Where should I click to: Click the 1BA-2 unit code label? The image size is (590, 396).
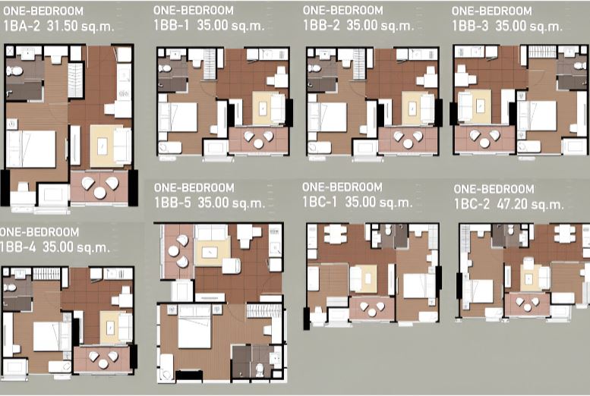(x=21, y=26)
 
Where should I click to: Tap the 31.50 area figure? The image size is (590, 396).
(x=62, y=26)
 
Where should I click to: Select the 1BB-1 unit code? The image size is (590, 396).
(x=172, y=25)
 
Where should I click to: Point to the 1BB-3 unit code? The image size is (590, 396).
(x=470, y=26)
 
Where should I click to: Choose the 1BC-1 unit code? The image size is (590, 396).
(x=320, y=203)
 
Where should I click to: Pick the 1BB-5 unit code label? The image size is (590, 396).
(x=172, y=203)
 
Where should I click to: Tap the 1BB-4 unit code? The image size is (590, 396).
(x=17, y=247)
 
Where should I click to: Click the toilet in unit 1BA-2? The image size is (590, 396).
(x=15, y=71)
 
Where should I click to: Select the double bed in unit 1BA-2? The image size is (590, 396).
(x=31, y=149)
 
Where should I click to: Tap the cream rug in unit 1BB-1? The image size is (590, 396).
(x=264, y=108)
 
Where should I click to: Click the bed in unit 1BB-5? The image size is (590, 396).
(x=194, y=326)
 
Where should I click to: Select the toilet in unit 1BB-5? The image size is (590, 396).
(x=260, y=369)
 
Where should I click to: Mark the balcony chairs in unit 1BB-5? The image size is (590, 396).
(x=178, y=251)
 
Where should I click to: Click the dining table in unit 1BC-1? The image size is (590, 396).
(x=336, y=234)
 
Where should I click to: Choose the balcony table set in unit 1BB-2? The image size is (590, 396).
(x=408, y=139)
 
